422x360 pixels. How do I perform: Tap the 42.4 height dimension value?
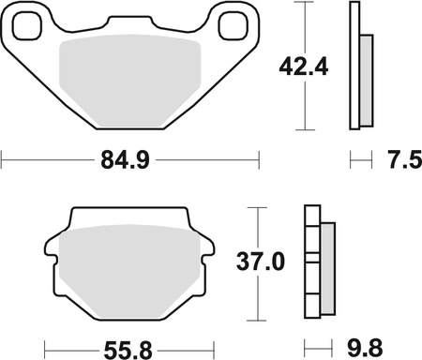click(x=301, y=67)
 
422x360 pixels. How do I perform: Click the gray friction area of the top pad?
click(x=130, y=84)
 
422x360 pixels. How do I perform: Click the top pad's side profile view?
click(x=354, y=66)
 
